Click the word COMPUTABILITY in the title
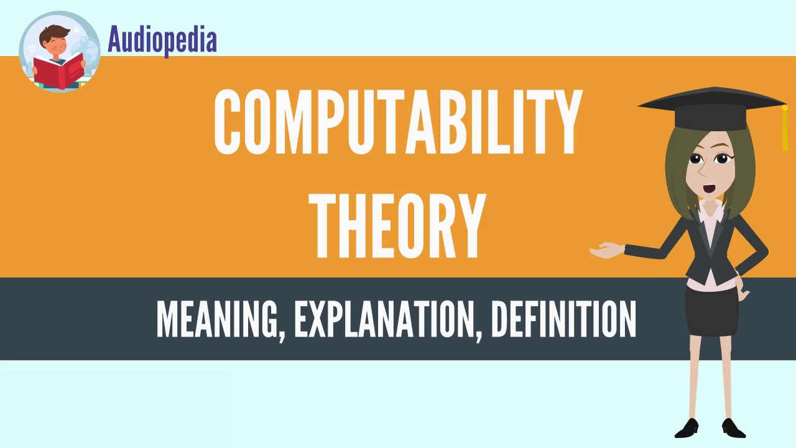[x=398, y=121]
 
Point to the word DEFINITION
[x=563, y=319]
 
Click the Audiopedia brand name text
[x=162, y=40]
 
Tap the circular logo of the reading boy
[x=60, y=52]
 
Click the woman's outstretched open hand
[x=606, y=250]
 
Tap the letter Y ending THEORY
[x=470, y=225]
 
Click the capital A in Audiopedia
[x=115, y=40]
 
